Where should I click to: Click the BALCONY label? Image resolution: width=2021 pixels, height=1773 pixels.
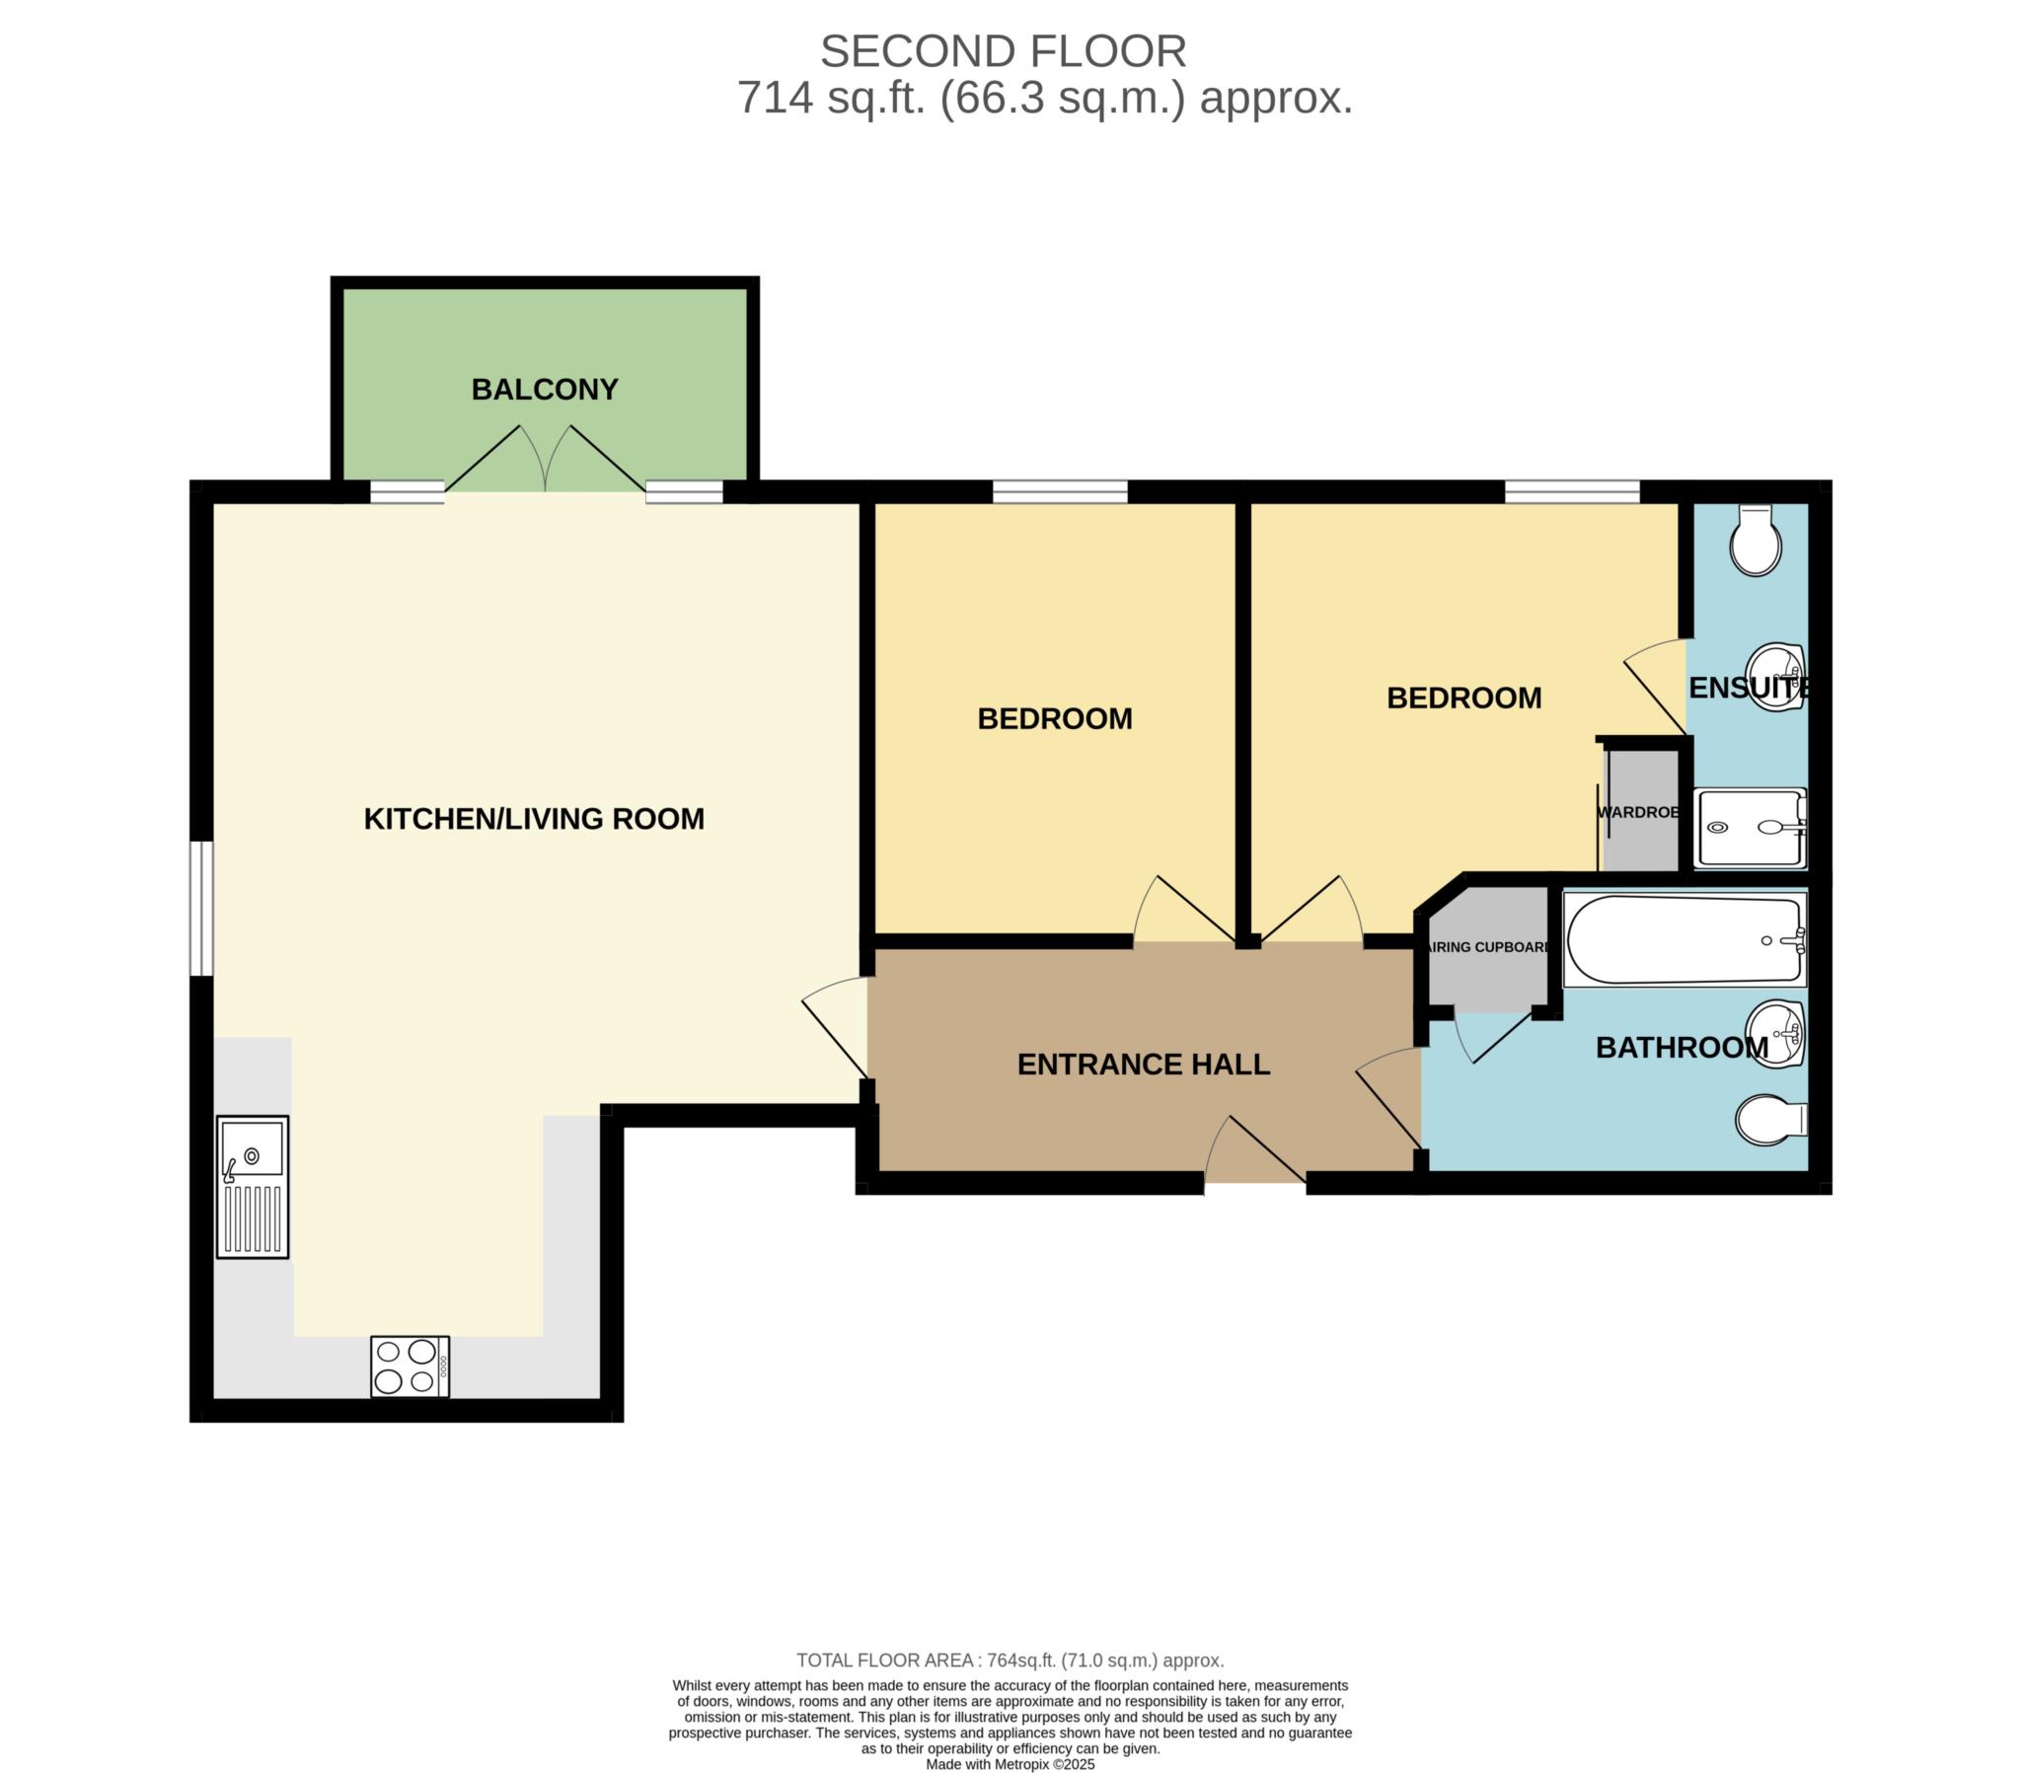545,390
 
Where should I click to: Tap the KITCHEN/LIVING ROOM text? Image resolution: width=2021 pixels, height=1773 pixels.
534,819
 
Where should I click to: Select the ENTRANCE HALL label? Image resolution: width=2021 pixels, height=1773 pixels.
1143,1064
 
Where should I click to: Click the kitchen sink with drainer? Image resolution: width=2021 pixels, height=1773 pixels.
254,1188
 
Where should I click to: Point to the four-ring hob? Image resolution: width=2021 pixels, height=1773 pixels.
411,1367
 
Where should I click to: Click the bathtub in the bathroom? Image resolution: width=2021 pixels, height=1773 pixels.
1684,939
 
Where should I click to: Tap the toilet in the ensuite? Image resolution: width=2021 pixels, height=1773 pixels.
1756,540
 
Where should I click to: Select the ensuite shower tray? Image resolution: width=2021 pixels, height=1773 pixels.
1750,829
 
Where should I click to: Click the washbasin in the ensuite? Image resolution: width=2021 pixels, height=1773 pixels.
1777,678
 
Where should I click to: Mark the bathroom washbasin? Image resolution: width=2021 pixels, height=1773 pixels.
1777,1034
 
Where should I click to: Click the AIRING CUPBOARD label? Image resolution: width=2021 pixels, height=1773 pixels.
1489,947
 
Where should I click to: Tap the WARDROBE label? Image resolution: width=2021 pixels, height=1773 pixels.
1638,812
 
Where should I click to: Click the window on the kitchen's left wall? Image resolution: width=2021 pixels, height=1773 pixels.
201,909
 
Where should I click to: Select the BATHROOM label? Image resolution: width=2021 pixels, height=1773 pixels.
1682,1047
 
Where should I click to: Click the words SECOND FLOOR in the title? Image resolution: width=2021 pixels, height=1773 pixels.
1003,51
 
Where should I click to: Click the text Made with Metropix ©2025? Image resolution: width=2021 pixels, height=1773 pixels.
1010,1764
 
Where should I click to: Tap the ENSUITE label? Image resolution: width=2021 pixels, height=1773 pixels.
1749,689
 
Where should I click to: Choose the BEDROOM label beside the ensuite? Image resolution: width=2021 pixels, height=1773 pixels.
1464,699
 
